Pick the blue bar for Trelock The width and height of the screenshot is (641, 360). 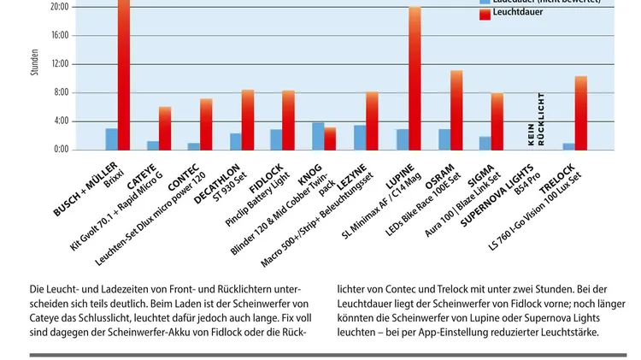(x=568, y=146)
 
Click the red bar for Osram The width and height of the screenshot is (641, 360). (x=456, y=110)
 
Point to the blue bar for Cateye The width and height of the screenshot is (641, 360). (x=153, y=145)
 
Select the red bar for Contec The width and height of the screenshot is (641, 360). (x=206, y=125)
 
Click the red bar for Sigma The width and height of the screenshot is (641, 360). (x=497, y=121)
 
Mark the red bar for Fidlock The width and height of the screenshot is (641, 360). (x=289, y=121)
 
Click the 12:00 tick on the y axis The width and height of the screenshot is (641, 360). (x=60, y=64)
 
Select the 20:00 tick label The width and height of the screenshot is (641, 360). (x=60, y=7)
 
